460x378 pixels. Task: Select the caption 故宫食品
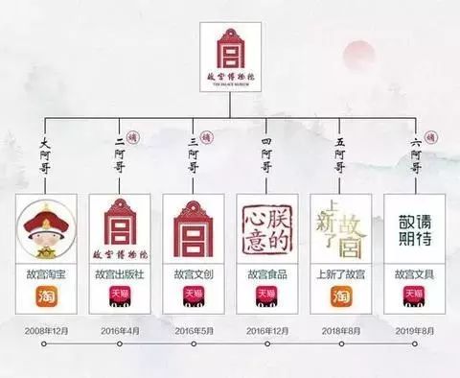click(x=265, y=273)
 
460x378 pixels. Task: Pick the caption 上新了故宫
click(x=340, y=273)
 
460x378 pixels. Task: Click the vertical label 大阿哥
click(x=43, y=158)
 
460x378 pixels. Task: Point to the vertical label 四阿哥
click(x=266, y=158)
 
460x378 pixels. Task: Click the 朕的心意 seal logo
click(x=265, y=230)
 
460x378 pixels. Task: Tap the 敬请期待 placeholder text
click(x=414, y=230)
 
